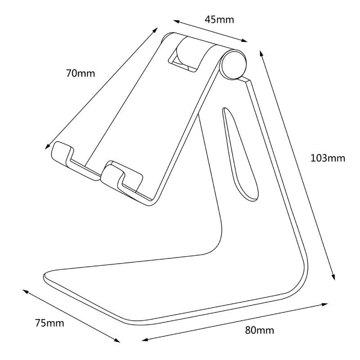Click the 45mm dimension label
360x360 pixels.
coord(219,20)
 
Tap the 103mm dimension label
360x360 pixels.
coord(327,158)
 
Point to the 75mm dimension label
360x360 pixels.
coord(49,323)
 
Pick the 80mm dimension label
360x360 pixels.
coord(259,330)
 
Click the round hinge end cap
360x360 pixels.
coord(234,64)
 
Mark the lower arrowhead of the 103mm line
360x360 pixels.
coord(333,278)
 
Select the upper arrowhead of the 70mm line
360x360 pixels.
coord(156,29)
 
